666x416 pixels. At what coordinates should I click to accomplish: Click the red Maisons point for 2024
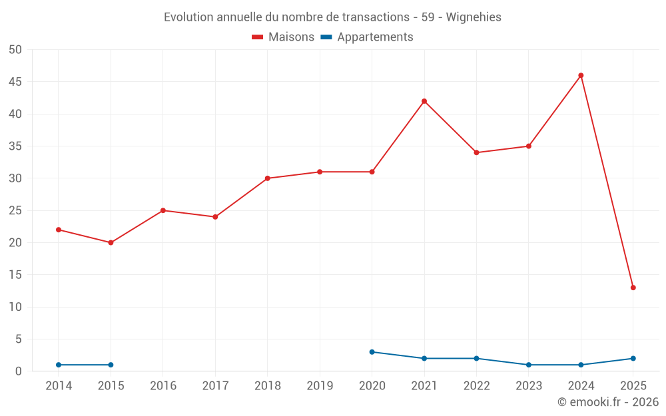(x=581, y=75)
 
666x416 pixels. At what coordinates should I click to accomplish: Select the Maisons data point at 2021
(x=424, y=101)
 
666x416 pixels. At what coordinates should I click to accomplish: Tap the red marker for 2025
(x=633, y=288)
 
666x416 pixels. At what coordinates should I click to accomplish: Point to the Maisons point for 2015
(x=111, y=242)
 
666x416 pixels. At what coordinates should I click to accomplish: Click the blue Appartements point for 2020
(x=372, y=352)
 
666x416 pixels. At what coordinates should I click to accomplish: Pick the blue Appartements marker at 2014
(x=59, y=365)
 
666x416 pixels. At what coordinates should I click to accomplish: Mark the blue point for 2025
(x=633, y=358)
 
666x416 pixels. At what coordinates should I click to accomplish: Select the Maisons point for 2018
(x=267, y=178)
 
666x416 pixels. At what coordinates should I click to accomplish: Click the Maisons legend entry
(x=283, y=37)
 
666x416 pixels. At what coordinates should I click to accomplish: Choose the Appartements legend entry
(x=367, y=37)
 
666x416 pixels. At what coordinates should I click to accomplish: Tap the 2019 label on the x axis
(x=320, y=385)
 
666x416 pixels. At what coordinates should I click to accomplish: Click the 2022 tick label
(x=476, y=385)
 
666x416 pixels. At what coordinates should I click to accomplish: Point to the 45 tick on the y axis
(x=15, y=82)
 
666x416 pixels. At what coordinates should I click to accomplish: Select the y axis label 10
(x=15, y=307)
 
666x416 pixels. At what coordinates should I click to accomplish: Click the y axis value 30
(x=15, y=178)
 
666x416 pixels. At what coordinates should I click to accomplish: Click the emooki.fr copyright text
(x=608, y=402)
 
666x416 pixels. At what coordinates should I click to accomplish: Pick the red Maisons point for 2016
(x=163, y=210)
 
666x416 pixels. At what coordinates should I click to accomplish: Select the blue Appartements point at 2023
(x=529, y=365)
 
